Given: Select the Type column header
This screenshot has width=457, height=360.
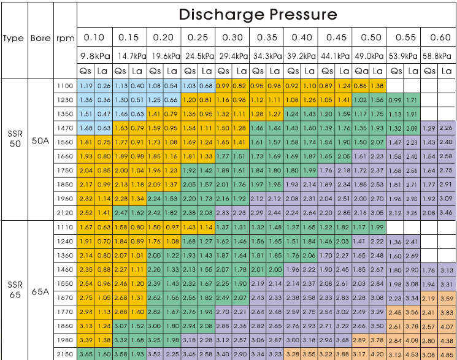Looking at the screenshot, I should (x=13, y=38).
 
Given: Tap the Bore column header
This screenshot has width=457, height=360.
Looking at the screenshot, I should (x=40, y=38).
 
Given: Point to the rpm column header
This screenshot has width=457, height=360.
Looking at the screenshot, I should (x=64, y=38).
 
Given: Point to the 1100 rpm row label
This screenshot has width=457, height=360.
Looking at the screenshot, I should (x=65, y=86).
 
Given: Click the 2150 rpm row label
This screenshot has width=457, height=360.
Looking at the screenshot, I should (x=65, y=354).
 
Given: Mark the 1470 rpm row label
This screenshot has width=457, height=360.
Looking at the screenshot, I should (x=65, y=128).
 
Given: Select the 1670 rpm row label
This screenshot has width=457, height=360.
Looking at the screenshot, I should (x=65, y=297).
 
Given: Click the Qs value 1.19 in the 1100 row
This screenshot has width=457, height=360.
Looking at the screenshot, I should (x=86, y=86).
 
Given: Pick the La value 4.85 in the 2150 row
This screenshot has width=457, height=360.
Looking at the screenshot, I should (x=447, y=354).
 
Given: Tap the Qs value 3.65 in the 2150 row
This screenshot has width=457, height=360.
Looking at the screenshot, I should (x=86, y=354).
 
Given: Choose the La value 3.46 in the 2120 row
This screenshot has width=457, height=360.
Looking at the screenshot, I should (x=447, y=213).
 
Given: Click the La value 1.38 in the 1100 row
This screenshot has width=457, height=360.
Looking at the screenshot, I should (x=377, y=86).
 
